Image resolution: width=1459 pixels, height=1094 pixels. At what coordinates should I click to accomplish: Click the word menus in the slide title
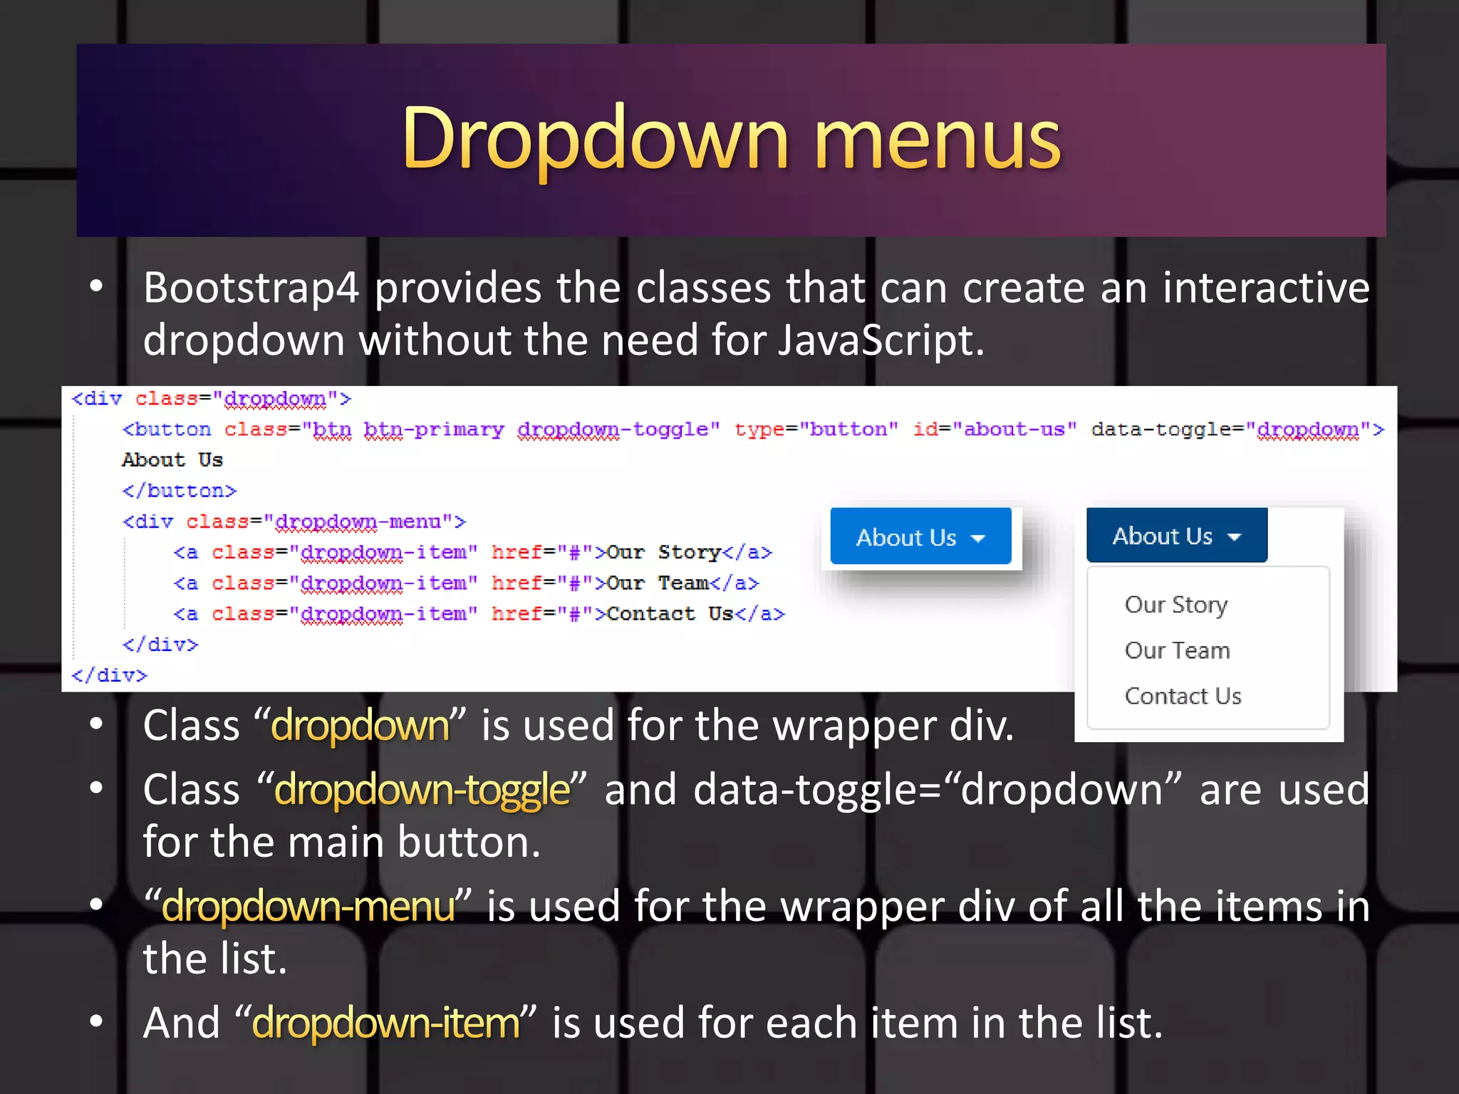pyautogui.click(x=937, y=140)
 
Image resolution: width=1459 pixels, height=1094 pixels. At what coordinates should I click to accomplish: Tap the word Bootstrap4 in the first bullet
pyautogui.click(x=251, y=288)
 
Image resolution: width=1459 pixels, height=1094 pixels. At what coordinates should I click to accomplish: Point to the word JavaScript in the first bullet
pyautogui.click(x=880, y=340)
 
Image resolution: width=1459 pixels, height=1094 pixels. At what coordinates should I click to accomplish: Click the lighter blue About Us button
pyautogui.click(x=920, y=537)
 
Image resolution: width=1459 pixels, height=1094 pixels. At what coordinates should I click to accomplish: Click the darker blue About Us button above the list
pyautogui.click(x=1176, y=536)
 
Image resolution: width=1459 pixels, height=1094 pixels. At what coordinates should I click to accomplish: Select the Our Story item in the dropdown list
pyautogui.click(x=1175, y=605)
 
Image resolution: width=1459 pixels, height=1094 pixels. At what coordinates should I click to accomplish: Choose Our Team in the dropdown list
pyautogui.click(x=1177, y=650)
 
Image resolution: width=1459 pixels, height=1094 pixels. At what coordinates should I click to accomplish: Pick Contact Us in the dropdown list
pyautogui.click(x=1183, y=696)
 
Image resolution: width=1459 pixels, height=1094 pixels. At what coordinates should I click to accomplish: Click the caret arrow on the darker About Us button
pyautogui.click(x=1235, y=537)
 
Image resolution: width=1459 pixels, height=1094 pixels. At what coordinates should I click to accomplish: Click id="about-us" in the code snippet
pyautogui.click(x=995, y=429)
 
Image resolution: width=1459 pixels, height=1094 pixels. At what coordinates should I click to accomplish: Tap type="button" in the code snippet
pyautogui.click(x=816, y=429)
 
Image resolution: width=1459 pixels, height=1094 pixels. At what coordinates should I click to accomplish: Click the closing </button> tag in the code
pyautogui.click(x=179, y=491)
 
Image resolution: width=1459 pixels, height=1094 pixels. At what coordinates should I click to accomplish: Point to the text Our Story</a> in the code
pyautogui.click(x=689, y=552)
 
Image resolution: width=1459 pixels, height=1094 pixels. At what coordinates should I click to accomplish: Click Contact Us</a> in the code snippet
pyautogui.click(x=695, y=614)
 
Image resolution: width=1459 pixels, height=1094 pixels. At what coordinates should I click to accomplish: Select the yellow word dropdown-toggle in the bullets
pyautogui.click(x=422, y=790)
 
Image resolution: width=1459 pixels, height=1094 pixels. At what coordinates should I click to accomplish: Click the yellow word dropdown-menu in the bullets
pyautogui.click(x=308, y=907)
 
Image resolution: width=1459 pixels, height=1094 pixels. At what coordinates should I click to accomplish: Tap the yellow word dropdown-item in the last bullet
pyautogui.click(x=385, y=1023)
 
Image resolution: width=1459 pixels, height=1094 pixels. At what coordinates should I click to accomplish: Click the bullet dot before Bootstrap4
pyautogui.click(x=97, y=287)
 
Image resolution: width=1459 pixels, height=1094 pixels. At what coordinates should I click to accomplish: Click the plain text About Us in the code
pyautogui.click(x=172, y=460)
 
